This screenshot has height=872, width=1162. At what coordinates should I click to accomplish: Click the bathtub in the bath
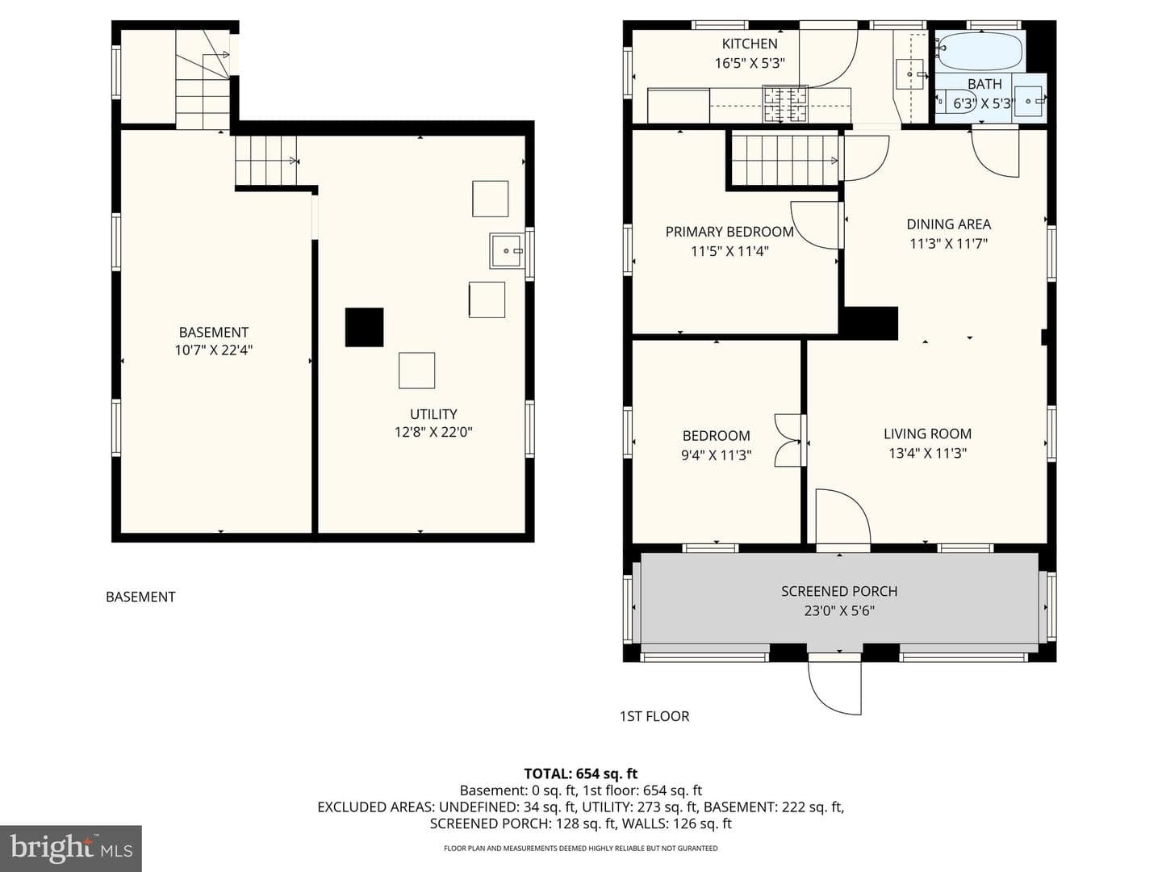(980, 52)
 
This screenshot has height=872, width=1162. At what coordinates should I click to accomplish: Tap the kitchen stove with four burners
(784, 104)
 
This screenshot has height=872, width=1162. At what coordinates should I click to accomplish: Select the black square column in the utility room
(364, 327)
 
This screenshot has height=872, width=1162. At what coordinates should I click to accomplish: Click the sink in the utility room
(507, 251)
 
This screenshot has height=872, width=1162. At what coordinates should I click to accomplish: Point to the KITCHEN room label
(750, 44)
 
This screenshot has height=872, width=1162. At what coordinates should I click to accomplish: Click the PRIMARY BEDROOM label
(729, 232)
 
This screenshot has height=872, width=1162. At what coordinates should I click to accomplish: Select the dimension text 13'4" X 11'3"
(927, 453)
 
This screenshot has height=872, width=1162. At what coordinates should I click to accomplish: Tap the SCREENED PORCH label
(839, 591)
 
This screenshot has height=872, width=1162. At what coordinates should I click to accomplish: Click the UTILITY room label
(433, 414)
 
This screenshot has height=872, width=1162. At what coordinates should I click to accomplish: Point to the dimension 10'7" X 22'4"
(214, 350)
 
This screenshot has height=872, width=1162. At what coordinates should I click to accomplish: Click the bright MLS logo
(71, 848)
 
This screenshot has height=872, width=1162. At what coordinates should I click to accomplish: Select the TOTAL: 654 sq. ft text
(581, 773)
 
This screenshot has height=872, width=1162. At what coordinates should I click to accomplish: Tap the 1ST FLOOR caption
(654, 716)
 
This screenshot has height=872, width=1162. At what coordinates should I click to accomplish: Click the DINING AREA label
(949, 224)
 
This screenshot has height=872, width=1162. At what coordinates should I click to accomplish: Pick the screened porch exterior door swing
(834, 686)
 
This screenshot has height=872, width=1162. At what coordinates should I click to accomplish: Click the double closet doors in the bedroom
(788, 440)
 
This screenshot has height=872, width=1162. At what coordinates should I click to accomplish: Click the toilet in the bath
(947, 102)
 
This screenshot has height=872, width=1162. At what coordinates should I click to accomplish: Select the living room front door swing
(842, 516)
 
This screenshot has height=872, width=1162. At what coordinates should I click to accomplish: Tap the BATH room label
(984, 84)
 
